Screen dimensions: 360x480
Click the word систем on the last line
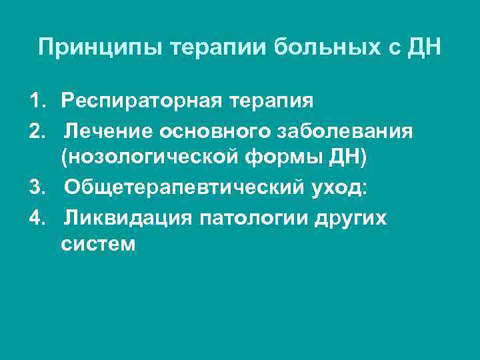point(99,245)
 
